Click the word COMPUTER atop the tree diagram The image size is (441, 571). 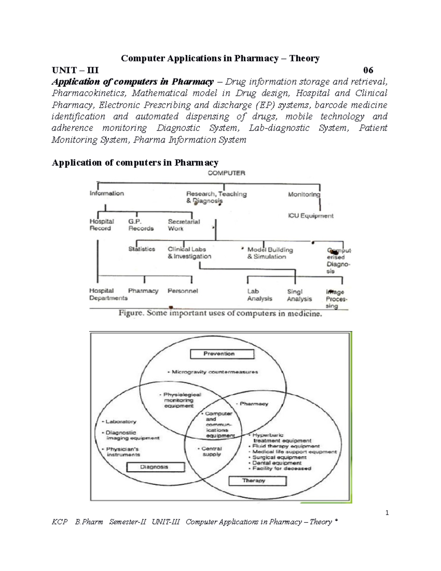coord(226,173)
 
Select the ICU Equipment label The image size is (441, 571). coord(311,216)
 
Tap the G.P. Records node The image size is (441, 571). coord(141,225)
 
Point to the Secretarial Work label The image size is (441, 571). coord(184,225)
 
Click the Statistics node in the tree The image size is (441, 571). coord(141,249)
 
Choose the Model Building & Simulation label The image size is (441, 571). coord(270,253)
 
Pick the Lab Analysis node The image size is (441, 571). coord(259,295)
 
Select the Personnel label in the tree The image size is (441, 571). coord(183,291)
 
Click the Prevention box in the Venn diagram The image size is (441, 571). coord(222,354)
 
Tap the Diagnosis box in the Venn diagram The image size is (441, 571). coord(155,467)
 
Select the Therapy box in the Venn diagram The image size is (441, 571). coord(257,481)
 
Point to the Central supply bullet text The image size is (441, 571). coord(212,452)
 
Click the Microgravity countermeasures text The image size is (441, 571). coord(215,372)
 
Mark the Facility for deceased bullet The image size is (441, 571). coord(282,469)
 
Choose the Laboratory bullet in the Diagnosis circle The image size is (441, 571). coord(121,422)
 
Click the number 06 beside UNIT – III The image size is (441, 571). coord(368,70)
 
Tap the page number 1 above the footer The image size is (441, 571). coord(387,513)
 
